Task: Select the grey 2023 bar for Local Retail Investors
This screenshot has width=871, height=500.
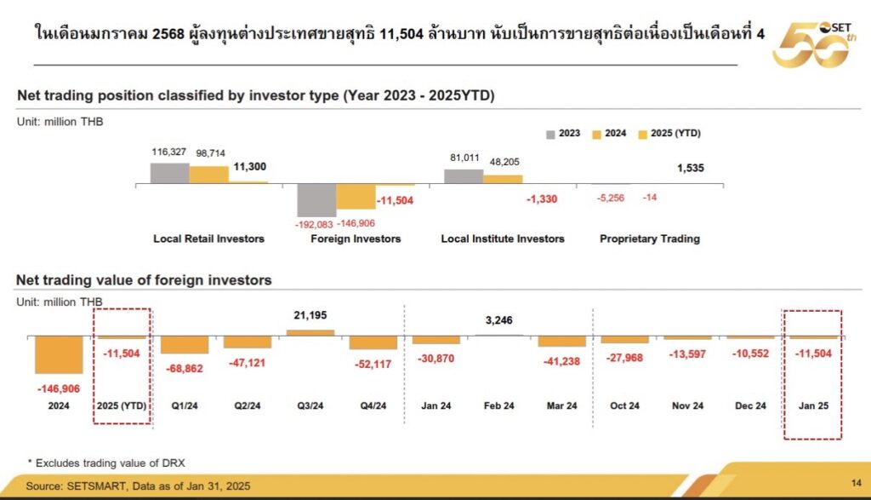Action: pyautogui.click(x=169, y=173)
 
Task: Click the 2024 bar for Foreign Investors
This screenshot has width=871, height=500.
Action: pyautogui.click(x=356, y=197)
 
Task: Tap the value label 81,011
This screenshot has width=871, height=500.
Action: pyautogui.click(x=464, y=157)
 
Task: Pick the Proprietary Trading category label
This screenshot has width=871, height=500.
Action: pyautogui.click(x=650, y=239)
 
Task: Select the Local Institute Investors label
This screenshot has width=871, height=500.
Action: pyautogui.click(x=503, y=239)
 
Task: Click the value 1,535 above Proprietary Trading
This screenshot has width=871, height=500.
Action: pyautogui.click(x=691, y=168)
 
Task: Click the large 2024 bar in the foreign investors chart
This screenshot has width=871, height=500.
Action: pyautogui.click(x=59, y=354)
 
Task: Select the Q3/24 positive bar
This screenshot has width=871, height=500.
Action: pyautogui.click(x=310, y=332)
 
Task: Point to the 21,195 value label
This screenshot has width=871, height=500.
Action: pyautogui.click(x=310, y=316)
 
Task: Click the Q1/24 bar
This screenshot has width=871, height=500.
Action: pyautogui.click(x=185, y=344)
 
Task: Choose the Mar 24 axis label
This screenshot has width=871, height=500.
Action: pyautogui.click(x=561, y=405)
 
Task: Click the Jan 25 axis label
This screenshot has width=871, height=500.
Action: pyautogui.click(x=813, y=405)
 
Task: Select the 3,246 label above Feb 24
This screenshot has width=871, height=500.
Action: pyautogui.click(x=499, y=320)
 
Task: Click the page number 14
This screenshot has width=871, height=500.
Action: pyautogui.click(x=857, y=484)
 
